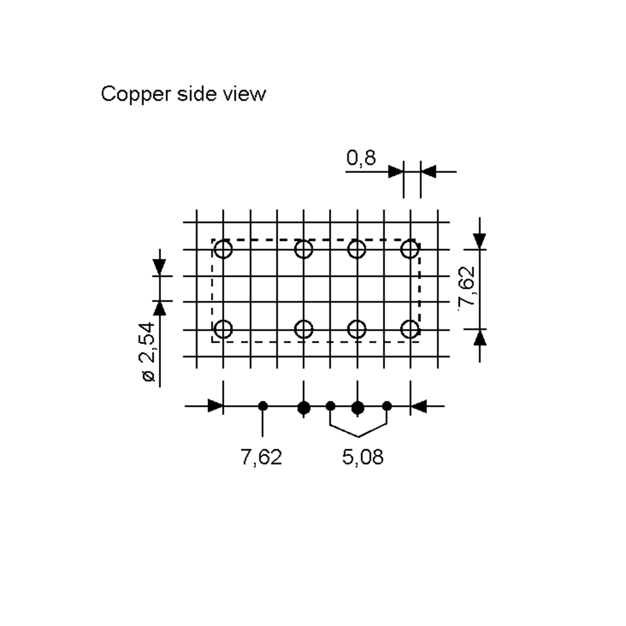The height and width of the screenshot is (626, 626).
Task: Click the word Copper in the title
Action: click(x=136, y=94)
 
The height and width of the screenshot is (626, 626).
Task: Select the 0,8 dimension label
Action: click(x=361, y=158)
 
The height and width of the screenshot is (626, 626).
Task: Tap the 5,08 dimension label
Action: click(x=363, y=457)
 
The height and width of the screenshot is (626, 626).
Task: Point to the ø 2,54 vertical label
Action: click(x=148, y=352)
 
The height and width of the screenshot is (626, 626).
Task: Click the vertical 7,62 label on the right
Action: click(x=467, y=286)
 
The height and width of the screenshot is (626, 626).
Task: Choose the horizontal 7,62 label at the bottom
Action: click(x=261, y=457)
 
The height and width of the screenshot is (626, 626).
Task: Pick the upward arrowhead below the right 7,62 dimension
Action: click(x=480, y=338)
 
